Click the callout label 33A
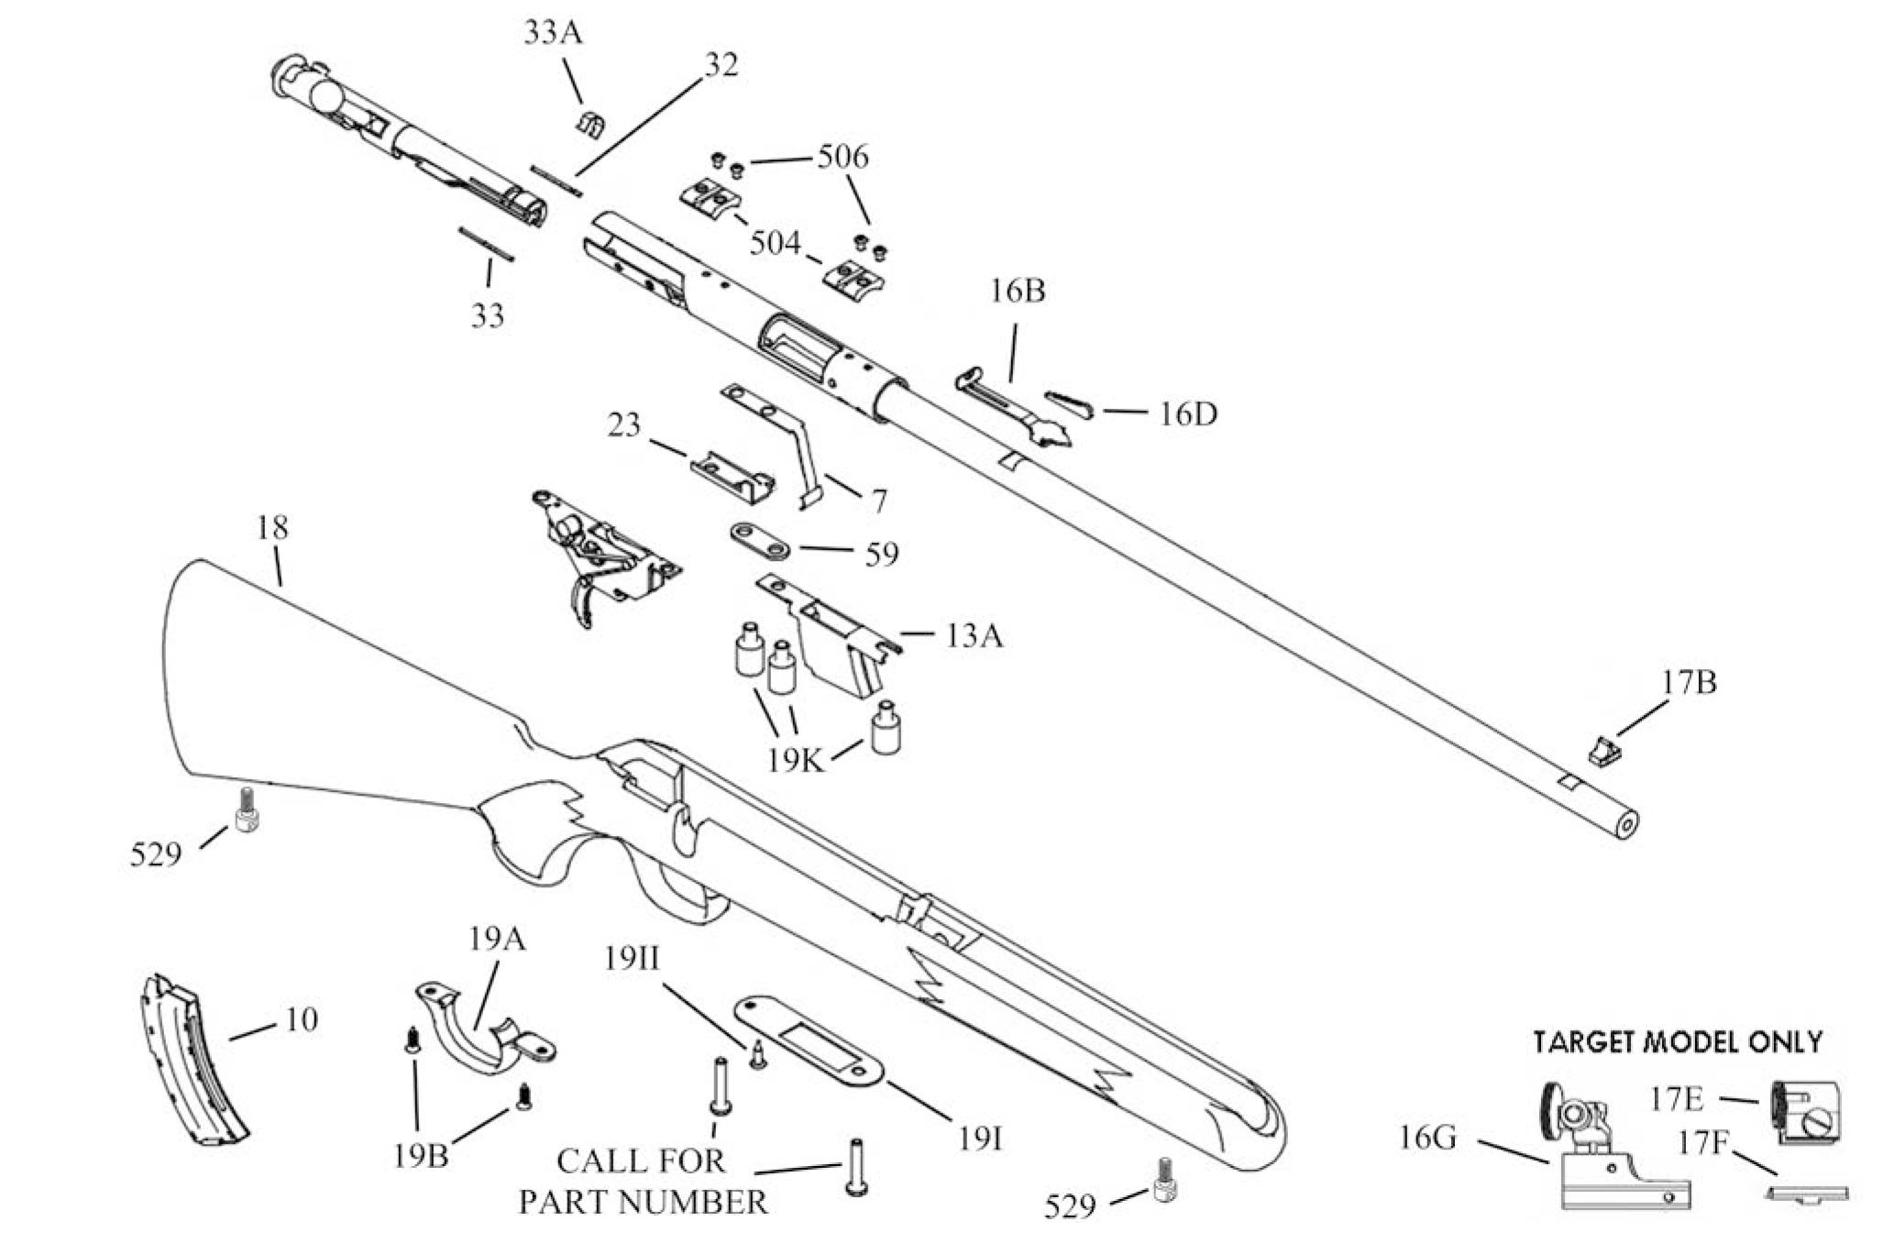coord(553,33)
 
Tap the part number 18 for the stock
coord(272,527)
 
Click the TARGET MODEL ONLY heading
coord(1678,1041)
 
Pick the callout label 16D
coord(1188,414)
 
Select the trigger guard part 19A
coord(486,1031)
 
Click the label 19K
coord(797,760)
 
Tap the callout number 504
coord(776,243)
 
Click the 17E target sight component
coord(1804,1113)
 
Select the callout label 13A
coord(975,635)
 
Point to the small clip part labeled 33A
coord(589,125)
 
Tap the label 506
coord(842,157)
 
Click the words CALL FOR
coord(641,1160)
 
